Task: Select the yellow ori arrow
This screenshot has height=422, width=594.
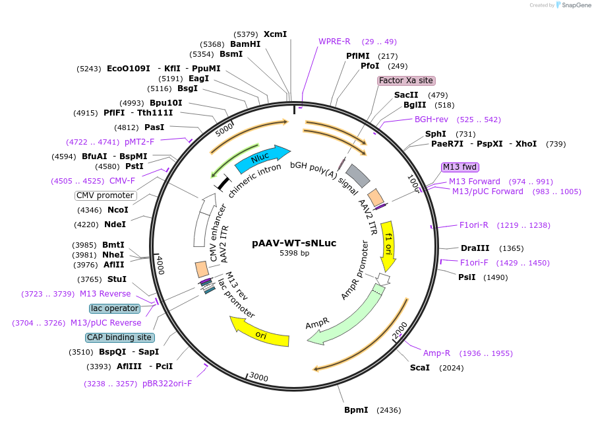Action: (x=260, y=332)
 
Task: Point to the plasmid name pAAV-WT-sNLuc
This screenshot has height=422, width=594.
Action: (x=294, y=243)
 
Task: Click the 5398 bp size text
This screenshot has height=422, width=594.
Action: (x=294, y=253)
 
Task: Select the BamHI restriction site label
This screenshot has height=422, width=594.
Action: (x=245, y=44)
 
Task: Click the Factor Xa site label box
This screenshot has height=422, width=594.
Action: (x=405, y=81)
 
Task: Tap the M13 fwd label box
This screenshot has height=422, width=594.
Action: (x=460, y=167)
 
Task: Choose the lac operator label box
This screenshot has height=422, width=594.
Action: (x=115, y=308)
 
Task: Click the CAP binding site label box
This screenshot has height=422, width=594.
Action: (x=119, y=337)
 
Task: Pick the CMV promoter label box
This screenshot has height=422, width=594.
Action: (x=105, y=195)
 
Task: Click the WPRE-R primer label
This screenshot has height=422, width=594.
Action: (x=334, y=42)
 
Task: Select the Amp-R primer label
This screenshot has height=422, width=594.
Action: (x=436, y=353)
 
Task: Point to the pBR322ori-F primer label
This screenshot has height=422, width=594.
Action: (x=167, y=384)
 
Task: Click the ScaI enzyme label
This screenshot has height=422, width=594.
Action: (x=420, y=368)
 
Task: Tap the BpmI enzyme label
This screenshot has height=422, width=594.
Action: (x=356, y=410)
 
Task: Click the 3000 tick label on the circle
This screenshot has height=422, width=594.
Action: (x=259, y=377)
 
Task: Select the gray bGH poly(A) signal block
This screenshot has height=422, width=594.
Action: (x=357, y=176)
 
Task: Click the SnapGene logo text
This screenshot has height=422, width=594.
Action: (x=576, y=5)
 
